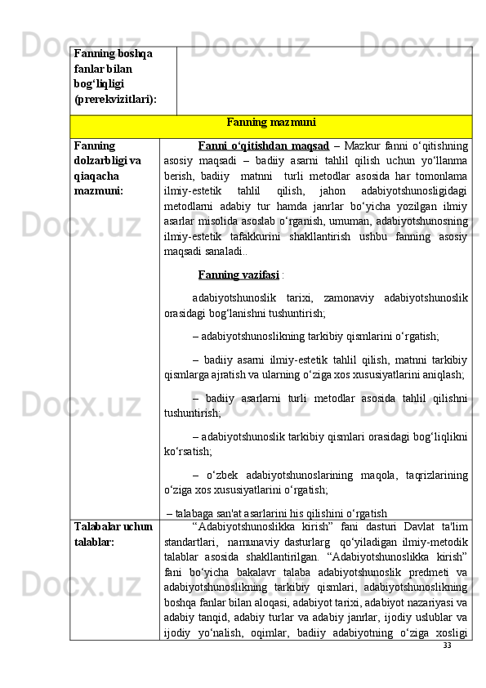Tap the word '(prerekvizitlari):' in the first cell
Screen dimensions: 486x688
point(114,98)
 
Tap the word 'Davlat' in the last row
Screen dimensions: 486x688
point(399,527)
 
